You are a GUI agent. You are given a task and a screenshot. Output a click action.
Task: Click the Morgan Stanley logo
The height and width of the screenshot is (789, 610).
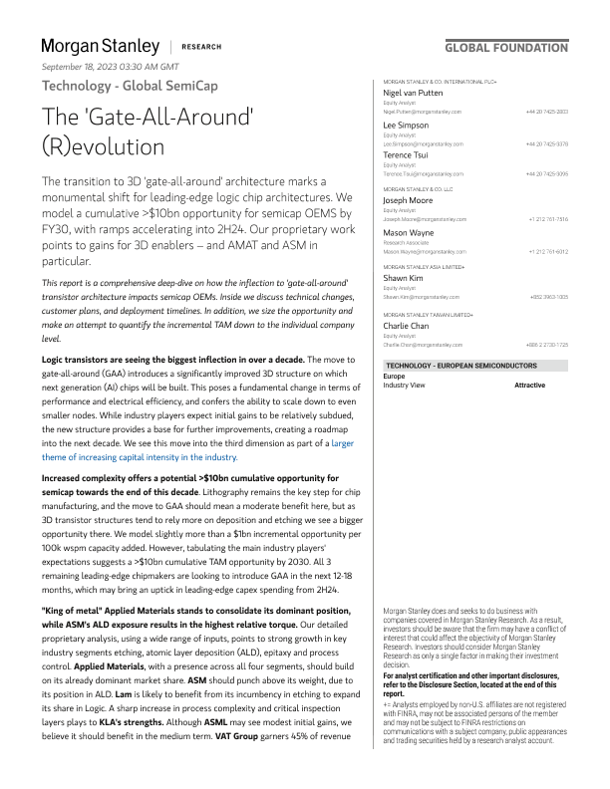(x=100, y=46)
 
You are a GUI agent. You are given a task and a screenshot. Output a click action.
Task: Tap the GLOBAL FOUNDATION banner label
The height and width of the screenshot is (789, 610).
(x=506, y=47)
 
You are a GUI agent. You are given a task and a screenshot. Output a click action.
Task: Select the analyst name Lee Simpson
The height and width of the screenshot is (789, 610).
(x=407, y=126)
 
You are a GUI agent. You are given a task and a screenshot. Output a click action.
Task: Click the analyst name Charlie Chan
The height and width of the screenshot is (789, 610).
(x=407, y=325)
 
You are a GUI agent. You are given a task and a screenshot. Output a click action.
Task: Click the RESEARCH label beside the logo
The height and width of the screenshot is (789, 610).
(x=202, y=47)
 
